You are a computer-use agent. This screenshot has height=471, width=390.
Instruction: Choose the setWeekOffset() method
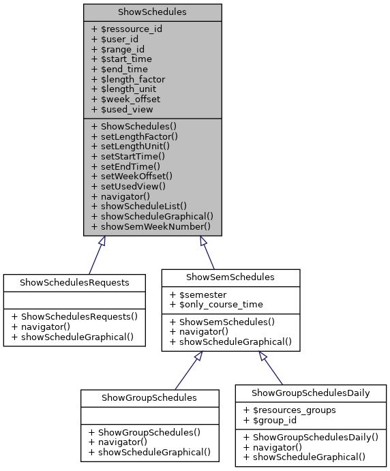tap(132, 175)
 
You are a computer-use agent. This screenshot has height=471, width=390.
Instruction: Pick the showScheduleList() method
tap(138, 205)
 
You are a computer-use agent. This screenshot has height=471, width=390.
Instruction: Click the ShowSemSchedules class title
tap(230, 277)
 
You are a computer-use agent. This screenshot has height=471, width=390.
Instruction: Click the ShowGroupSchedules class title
tap(149, 397)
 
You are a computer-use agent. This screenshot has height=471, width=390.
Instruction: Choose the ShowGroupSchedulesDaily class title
tap(311, 393)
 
